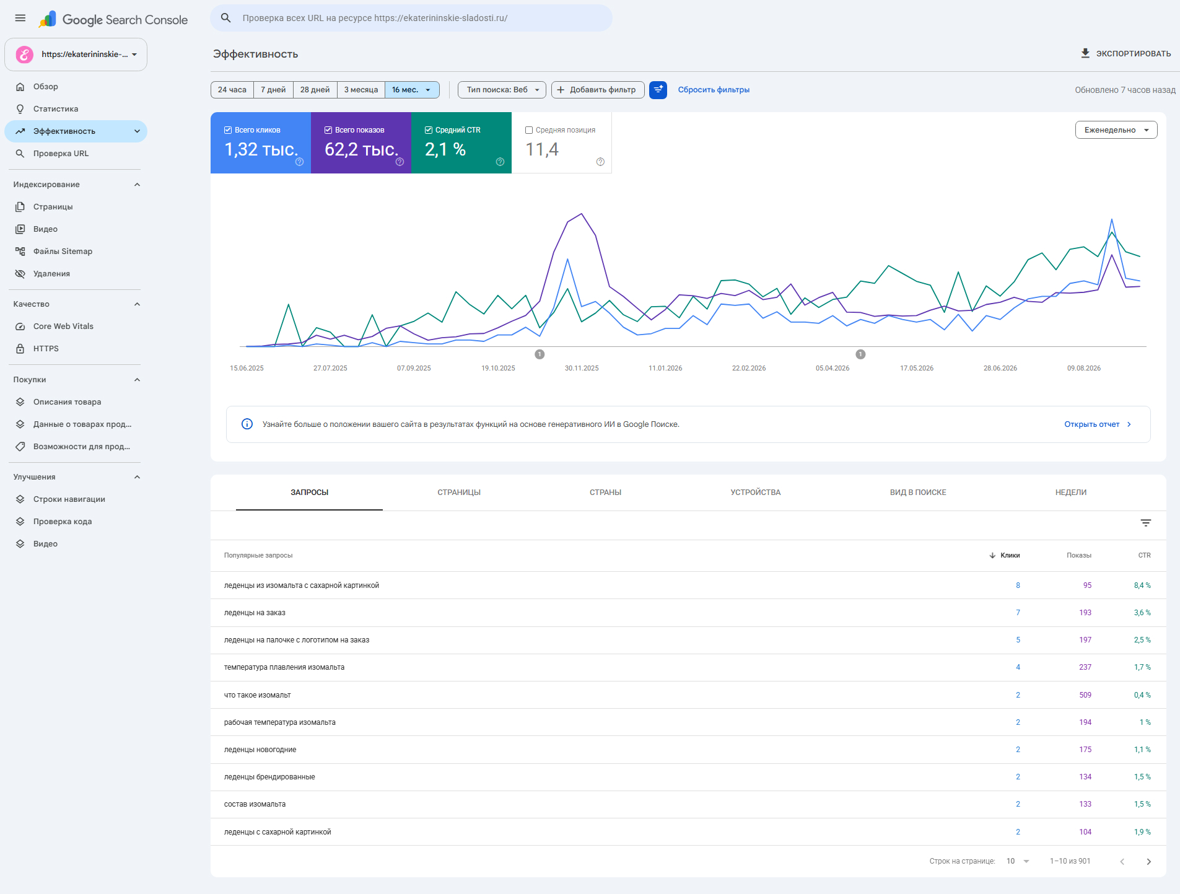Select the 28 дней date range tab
tap(315, 90)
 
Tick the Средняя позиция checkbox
tap(529, 130)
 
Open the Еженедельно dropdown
tap(1116, 130)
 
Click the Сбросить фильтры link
tap(714, 90)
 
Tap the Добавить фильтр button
tap(598, 90)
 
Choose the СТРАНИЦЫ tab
tap(459, 493)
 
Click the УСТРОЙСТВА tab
tap(755, 493)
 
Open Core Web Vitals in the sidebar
tap(63, 326)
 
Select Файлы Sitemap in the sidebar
tap(63, 252)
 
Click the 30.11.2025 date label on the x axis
tap(582, 368)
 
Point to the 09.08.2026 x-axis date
tap(1084, 368)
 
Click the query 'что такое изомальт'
tap(257, 695)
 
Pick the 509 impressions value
tap(1085, 695)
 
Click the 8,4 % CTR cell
tap(1142, 585)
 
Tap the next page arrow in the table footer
tap(1148, 862)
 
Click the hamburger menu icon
tap(20, 18)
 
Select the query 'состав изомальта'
tap(255, 804)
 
